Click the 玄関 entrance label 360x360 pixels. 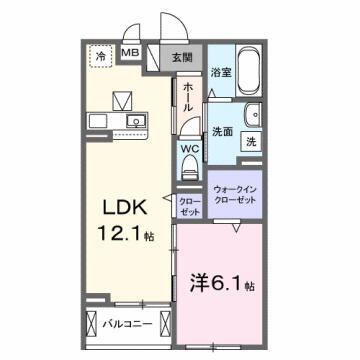tap(181, 57)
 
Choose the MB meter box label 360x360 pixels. tap(131, 52)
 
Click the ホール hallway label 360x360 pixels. tap(187, 101)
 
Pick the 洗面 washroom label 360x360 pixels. tap(222, 131)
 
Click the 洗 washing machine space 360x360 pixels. tap(251, 142)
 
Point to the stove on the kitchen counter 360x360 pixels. tap(100, 122)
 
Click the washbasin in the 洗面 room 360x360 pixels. tap(250, 112)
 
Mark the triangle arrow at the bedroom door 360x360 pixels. tap(235, 229)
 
